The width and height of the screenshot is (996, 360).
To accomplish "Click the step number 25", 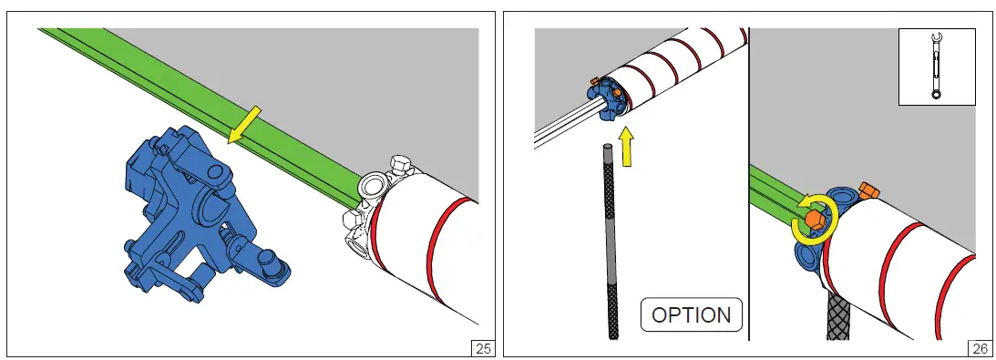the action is click(483, 348).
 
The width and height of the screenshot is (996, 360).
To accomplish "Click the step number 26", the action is click(981, 348).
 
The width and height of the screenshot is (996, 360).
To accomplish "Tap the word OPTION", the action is click(691, 315).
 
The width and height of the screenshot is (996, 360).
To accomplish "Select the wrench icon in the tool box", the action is click(936, 67).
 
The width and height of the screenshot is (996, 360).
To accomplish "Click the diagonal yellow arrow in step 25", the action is click(244, 125).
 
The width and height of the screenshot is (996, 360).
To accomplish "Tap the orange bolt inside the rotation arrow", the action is click(814, 220).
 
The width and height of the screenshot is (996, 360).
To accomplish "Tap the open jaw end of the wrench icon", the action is click(936, 38).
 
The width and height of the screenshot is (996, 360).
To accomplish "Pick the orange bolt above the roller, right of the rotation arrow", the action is click(867, 190).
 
